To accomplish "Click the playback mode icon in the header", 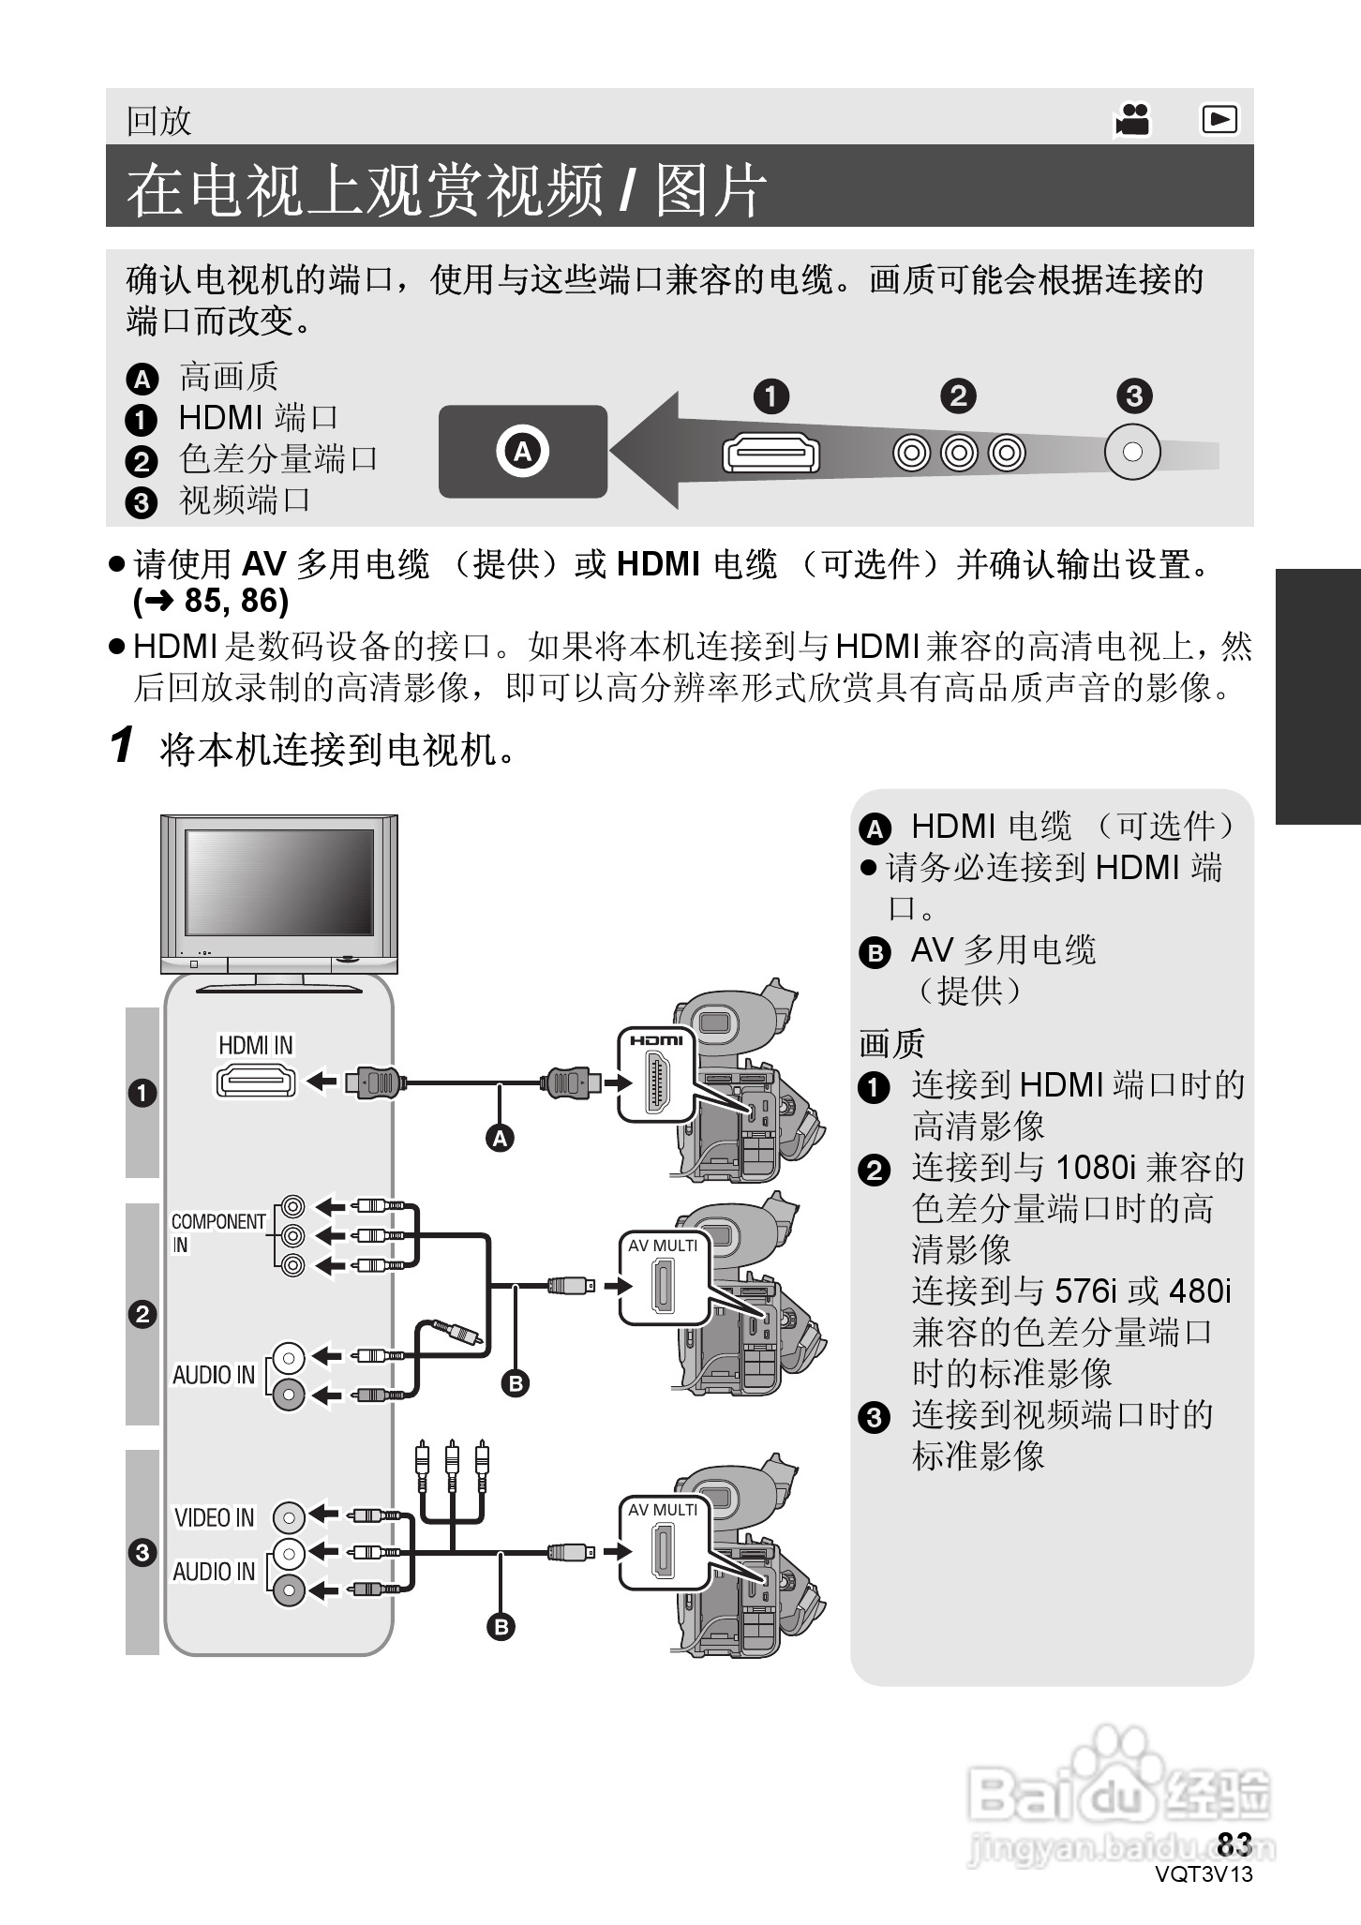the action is click(x=1219, y=119).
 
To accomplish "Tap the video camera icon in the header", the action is click(x=1133, y=119).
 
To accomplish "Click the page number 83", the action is click(x=1234, y=1844).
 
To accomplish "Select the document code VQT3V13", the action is click(x=1204, y=1874).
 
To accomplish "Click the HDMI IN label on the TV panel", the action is click(x=255, y=1045).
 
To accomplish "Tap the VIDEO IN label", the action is click(x=215, y=1517).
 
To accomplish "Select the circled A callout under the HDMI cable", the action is click(x=501, y=1138).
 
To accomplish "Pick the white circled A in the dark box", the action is click(x=522, y=452).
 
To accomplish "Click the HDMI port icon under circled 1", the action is click(x=770, y=454).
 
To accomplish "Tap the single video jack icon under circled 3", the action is click(x=1132, y=453).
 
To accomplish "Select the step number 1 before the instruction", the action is click(x=122, y=746).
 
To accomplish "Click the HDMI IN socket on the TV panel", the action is click(x=256, y=1082).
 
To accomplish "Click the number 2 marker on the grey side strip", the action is click(x=142, y=1314).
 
